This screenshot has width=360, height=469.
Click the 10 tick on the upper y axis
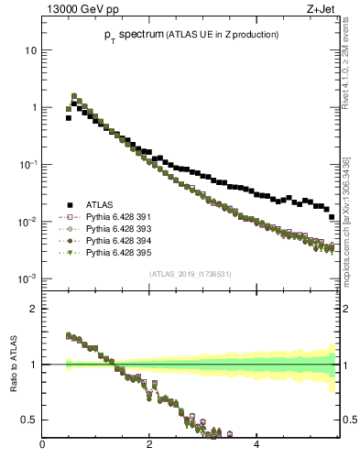31,50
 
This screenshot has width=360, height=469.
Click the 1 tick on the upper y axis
34,107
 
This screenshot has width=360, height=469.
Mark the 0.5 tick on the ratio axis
30,420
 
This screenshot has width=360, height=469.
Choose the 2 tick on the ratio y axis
34,309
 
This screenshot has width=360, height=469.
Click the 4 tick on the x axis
256,444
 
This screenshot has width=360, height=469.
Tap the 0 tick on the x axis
42,444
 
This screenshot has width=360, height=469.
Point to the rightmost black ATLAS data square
332,217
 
